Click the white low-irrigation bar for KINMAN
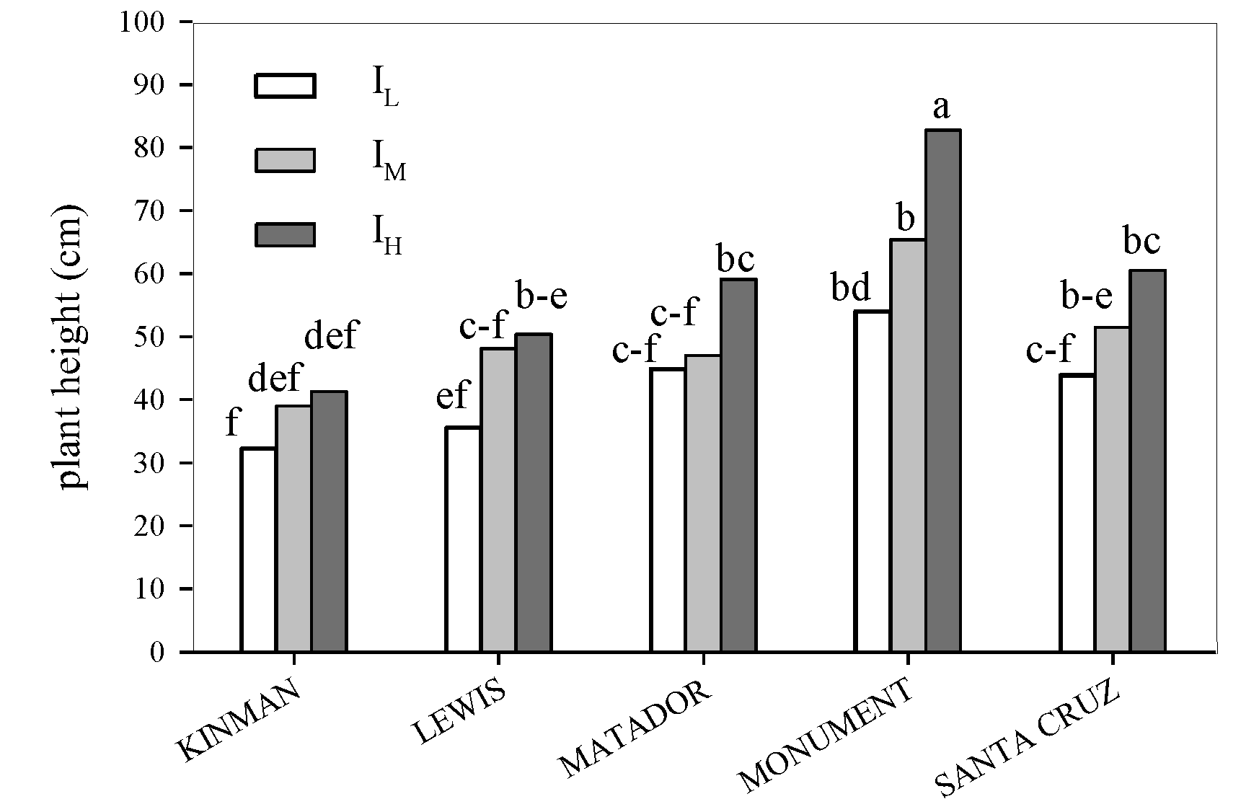(258, 550)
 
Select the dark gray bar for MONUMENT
(943, 391)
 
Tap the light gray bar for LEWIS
(498, 500)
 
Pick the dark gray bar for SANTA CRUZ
(1147, 461)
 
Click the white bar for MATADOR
(668, 510)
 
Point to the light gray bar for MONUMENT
(908, 445)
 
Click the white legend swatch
(285, 85)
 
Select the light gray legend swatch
(285, 160)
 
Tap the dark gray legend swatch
(285, 235)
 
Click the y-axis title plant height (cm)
(71, 348)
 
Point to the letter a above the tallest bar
(941, 108)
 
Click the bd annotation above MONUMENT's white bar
(851, 289)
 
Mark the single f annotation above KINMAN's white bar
(231, 423)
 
